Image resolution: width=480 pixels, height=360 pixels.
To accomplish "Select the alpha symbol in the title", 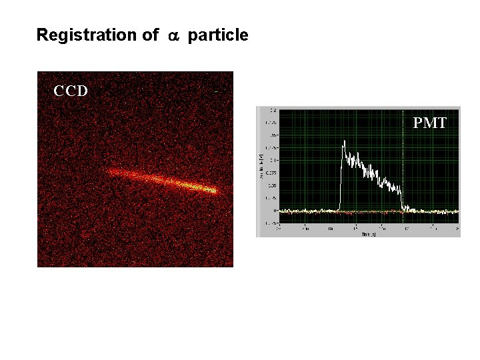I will click(x=174, y=36).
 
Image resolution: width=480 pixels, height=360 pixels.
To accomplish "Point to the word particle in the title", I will click(x=218, y=35).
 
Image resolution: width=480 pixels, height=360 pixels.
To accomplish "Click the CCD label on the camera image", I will click(x=71, y=91).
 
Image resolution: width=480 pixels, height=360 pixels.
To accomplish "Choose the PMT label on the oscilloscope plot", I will click(x=430, y=123).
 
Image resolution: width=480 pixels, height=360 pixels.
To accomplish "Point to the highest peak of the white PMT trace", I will click(x=343, y=141).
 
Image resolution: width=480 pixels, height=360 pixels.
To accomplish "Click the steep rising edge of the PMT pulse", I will click(x=340, y=180).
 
